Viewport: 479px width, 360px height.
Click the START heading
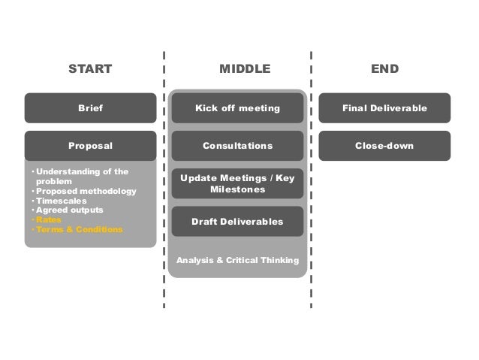point(90,70)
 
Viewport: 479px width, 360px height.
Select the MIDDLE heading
point(244,70)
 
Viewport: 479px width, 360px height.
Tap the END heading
point(384,70)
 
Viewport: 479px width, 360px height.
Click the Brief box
point(90,108)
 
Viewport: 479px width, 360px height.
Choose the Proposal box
point(90,146)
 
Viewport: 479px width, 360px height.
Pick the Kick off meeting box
point(237,108)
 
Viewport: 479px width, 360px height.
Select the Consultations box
point(237,146)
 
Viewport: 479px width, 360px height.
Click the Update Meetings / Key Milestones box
point(237,183)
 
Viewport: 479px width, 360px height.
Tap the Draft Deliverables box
point(237,222)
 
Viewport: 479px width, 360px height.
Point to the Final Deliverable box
point(384,108)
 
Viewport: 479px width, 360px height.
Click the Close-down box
point(384,146)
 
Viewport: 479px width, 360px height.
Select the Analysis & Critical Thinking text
point(237,260)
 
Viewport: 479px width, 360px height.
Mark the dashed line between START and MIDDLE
point(164,180)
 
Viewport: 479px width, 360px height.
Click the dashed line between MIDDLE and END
point(311,180)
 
